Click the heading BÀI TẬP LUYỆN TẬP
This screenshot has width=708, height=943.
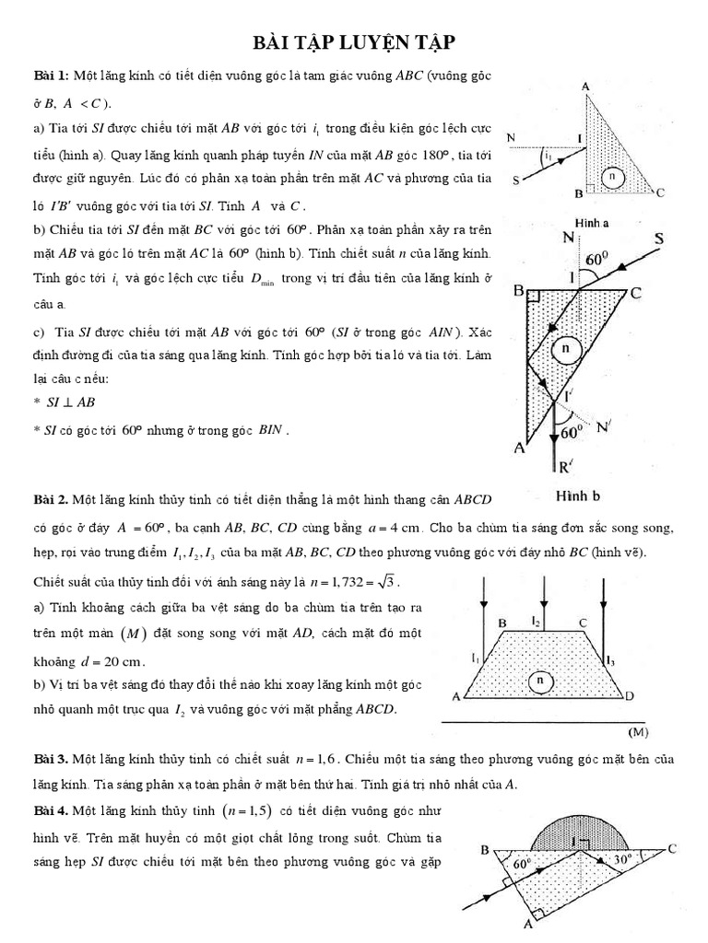point(354,43)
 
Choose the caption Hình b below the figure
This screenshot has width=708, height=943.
point(579,495)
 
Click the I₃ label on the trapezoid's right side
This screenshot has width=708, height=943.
point(609,659)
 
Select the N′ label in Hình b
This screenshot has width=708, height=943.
point(604,426)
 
